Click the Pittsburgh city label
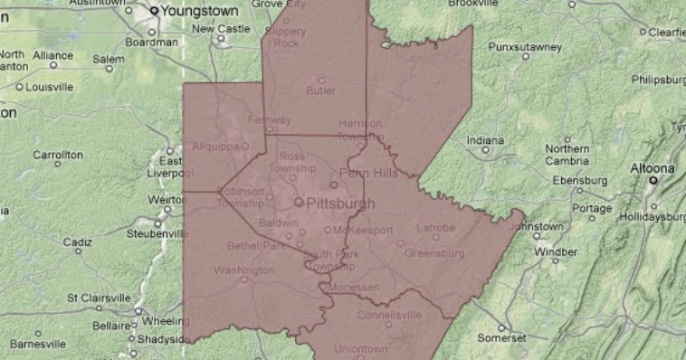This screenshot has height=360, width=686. coord(340,204)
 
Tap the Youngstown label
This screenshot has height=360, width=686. coord(200,11)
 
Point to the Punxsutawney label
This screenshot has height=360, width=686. coord(525,46)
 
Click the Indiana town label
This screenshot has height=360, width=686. coord(485,140)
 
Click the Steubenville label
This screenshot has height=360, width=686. coord(157,233)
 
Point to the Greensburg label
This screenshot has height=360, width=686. coord(434,253)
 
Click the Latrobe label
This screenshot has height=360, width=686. coord(435,228)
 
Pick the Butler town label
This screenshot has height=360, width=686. coord(320,90)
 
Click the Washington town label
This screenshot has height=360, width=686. coord(244,270)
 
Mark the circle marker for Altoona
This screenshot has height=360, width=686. coord(653,180)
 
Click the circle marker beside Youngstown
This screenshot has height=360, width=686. coord(155,11)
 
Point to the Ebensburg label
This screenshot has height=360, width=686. coord(578,180)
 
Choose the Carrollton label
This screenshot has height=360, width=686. coord(58,155)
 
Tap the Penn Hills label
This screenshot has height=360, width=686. coord(367,172)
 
